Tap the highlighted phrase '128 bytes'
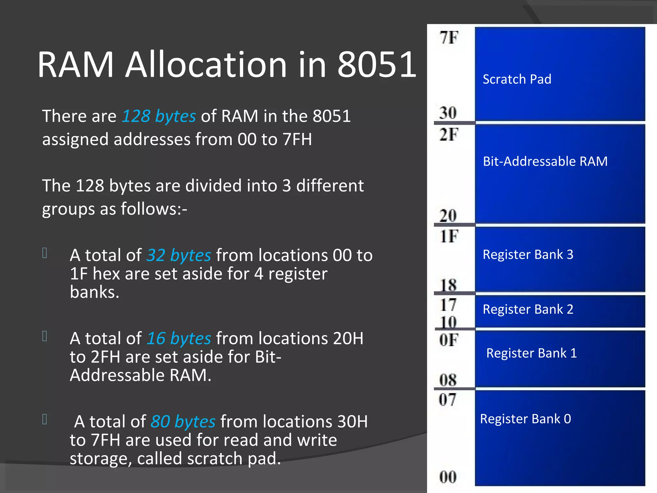point(159,116)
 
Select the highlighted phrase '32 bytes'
point(179,255)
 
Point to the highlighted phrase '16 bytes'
point(179,338)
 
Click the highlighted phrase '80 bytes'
point(183,421)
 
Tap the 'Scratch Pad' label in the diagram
point(517,79)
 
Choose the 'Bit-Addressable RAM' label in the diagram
point(545,161)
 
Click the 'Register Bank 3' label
point(528,255)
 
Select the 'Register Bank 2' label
point(528,309)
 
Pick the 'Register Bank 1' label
point(531,353)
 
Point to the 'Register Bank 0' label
point(525,419)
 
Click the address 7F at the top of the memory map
point(449,38)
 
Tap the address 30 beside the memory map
point(448,113)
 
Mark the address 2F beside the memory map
point(449,134)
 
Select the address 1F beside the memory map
point(449,237)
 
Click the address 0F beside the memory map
point(448,340)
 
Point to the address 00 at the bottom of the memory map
point(448,477)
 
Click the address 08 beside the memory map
point(448,380)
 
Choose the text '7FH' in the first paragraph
point(297,139)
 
